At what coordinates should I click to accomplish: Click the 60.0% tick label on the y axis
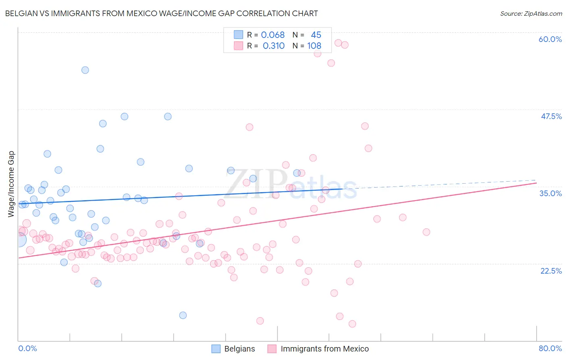[550, 39]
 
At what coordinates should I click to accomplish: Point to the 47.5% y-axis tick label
[551, 116]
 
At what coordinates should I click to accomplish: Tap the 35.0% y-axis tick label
[550, 193]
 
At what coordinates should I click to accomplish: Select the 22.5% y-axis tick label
[551, 271]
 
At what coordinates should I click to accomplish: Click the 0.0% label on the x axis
[27, 348]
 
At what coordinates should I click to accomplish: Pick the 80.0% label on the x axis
[550, 348]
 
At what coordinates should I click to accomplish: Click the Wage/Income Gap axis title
[11, 184]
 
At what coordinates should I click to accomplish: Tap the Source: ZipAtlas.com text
[531, 14]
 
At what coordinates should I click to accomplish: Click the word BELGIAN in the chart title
[20, 14]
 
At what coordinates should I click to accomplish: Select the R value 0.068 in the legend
[273, 35]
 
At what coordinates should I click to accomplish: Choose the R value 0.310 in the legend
[273, 46]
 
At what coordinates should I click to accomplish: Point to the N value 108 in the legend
[314, 46]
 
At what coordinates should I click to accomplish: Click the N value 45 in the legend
[316, 35]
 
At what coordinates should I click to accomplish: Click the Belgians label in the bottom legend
[240, 349]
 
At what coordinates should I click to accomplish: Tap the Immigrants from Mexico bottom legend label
[325, 349]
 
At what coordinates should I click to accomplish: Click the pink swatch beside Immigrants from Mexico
[272, 349]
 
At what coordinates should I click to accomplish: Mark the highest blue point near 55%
[85, 70]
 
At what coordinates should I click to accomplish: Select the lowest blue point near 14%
[183, 315]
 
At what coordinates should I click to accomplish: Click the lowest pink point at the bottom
[352, 324]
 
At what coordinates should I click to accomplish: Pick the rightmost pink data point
[426, 232]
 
